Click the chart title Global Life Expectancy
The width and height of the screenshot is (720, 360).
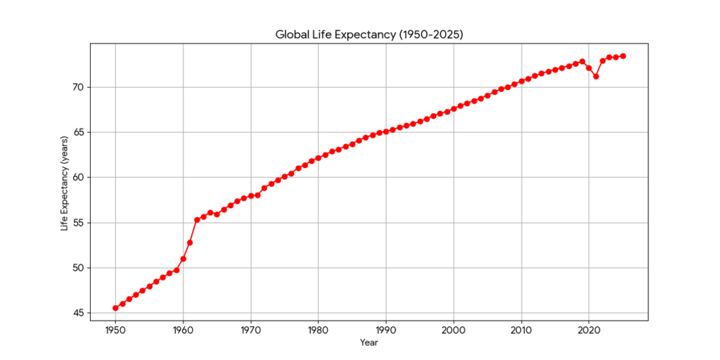(x=368, y=34)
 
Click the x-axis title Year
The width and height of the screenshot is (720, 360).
(x=368, y=343)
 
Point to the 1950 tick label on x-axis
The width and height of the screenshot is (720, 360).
(x=115, y=329)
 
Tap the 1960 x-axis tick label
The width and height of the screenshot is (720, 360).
(x=183, y=329)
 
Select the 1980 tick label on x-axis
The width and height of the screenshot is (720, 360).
(x=318, y=329)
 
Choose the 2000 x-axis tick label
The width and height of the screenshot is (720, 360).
(x=454, y=329)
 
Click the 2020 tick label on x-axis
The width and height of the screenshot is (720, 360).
(x=589, y=329)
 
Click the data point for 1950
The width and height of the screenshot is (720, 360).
(x=115, y=308)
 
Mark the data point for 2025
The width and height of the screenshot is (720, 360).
(x=623, y=56)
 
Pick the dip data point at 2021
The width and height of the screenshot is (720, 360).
(x=596, y=76)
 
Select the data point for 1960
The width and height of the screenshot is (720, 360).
(x=183, y=259)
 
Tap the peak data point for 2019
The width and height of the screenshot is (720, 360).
(x=582, y=62)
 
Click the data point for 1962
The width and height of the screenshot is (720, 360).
(x=197, y=220)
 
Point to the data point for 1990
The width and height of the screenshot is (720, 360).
(x=386, y=131)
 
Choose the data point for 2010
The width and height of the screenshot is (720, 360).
(x=521, y=81)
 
